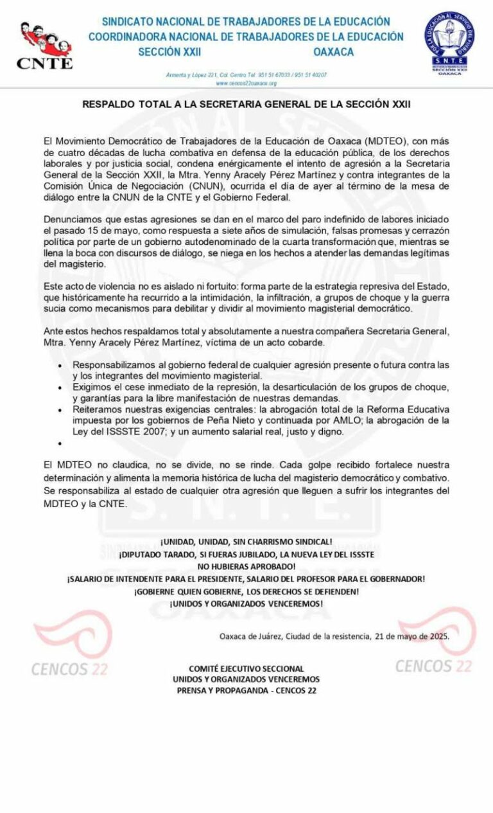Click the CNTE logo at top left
pyautogui.click(x=44, y=45)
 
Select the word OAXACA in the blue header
pyautogui.click(x=333, y=52)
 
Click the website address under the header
pyautogui.click(x=246, y=83)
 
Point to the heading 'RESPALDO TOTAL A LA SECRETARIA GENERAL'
pyautogui.click(x=246, y=103)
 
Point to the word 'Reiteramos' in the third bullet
pyautogui.click(x=97, y=409)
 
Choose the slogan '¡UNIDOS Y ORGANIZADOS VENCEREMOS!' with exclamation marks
pyautogui.click(x=246, y=603)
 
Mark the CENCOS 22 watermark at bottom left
pyautogui.click(x=69, y=668)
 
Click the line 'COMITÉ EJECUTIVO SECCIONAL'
pyautogui.click(x=246, y=668)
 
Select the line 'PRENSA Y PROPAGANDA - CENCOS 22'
pyautogui.click(x=246, y=690)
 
